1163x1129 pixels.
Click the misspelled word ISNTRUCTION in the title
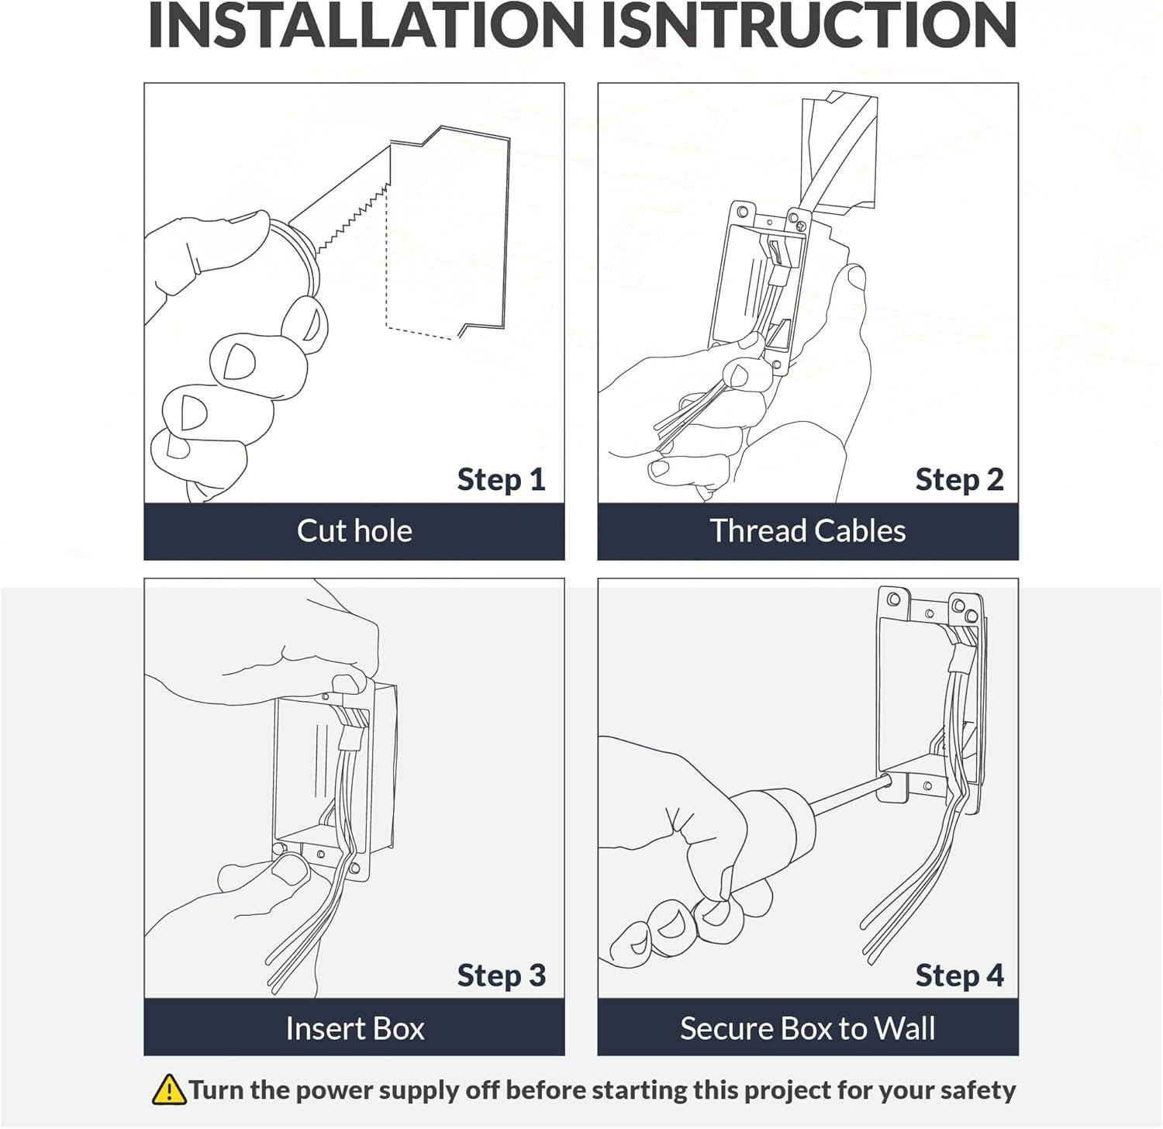(x=809, y=25)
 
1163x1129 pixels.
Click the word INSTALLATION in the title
(x=366, y=25)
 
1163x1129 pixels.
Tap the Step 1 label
(x=501, y=479)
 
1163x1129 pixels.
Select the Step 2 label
(x=959, y=479)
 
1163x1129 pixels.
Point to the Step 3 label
(x=501, y=975)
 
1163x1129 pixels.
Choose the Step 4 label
(x=959, y=975)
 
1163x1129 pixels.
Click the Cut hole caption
(x=354, y=531)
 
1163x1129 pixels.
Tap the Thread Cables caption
(x=807, y=531)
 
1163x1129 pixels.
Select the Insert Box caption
(x=354, y=1028)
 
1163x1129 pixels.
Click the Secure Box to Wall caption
(x=807, y=1028)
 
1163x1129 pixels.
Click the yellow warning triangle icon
(x=168, y=1089)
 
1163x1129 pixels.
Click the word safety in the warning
(x=978, y=1090)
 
